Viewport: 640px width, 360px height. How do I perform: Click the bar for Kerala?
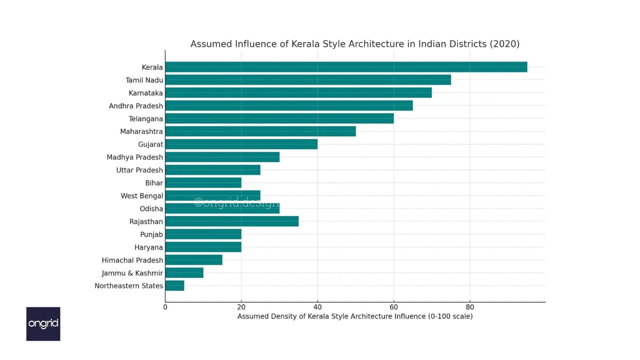[346, 67]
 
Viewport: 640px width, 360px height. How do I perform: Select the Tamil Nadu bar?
[308, 80]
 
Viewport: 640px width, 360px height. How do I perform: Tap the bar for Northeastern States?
[175, 285]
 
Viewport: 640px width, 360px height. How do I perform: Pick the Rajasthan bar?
[232, 221]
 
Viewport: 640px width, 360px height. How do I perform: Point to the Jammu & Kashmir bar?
[184, 273]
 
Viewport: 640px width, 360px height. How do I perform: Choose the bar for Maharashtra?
[260, 131]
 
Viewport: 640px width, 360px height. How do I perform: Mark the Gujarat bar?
[241, 144]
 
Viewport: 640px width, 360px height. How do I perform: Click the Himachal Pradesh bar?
[193, 260]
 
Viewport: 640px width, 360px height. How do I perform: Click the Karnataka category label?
[145, 93]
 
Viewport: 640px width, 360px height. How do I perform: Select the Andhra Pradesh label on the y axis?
[136, 106]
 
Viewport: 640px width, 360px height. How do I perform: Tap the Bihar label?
[154, 183]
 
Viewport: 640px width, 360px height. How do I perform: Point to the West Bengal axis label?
[142, 196]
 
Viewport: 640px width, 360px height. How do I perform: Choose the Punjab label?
[151, 234]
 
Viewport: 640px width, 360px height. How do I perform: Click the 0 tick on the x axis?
[165, 307]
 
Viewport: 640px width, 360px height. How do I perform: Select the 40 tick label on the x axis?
[317, 307]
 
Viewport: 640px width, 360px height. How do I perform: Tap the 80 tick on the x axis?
[469, 307]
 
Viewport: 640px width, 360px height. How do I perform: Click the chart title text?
[355, 44]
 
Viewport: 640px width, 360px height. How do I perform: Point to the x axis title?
[355, 316]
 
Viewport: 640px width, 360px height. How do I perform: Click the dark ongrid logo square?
[43, 324]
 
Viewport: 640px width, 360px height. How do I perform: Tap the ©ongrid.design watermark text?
[237, 203]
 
